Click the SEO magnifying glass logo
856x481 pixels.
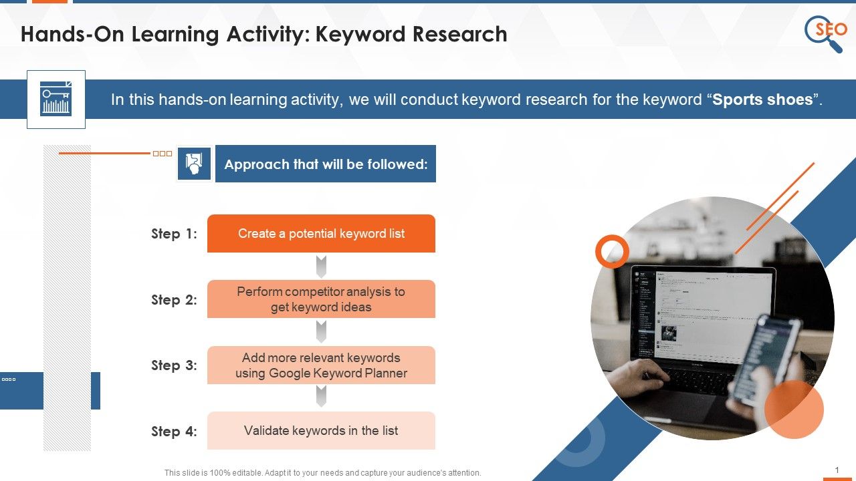pos(825,33)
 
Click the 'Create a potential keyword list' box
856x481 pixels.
pos(321,234)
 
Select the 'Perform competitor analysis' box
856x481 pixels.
pos(321,299)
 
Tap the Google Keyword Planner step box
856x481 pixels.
pos(321,365)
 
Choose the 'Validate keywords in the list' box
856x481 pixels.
pos(321,431)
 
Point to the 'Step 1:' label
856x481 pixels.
pos(174,234)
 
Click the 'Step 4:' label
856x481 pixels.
pos(174,432)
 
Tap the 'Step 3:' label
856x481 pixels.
pos(174,365)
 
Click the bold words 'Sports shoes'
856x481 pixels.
pos(762,100)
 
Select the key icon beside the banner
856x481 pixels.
pos(56,100)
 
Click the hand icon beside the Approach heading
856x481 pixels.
pos(195,164)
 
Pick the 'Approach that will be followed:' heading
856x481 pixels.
pos(326,164)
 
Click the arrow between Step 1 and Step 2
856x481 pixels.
pos(321,266)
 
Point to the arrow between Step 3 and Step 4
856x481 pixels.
pos(321,397)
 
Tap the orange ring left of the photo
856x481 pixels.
pos(612,252)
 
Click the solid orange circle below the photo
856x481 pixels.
pos(794,410)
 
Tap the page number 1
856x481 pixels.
pos(837,470)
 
